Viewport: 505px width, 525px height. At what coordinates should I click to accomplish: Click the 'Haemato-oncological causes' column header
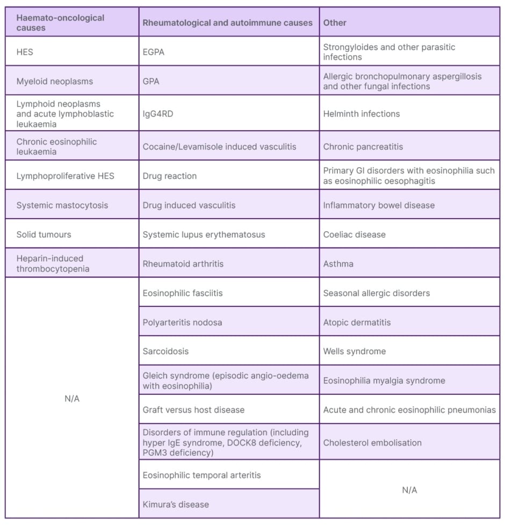[x=60, y=23]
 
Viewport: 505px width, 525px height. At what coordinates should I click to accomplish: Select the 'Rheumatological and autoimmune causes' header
[x=227, y=23]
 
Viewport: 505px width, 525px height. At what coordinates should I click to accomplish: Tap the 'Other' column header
[x=335, y=23]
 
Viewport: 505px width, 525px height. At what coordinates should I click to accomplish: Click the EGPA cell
[x=154, y=52]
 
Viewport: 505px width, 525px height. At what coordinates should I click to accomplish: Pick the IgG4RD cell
[x=158, y=114]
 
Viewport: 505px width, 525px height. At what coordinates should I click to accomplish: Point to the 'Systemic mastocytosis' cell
[x=62, y=205]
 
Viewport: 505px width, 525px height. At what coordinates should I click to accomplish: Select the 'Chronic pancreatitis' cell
[x=363, y=147]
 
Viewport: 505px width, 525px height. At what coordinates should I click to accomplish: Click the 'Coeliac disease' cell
[x=355, y=234]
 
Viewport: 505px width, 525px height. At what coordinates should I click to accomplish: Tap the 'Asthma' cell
[x=338, y=264]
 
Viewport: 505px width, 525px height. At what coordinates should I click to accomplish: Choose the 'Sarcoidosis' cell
[x=165, y=351]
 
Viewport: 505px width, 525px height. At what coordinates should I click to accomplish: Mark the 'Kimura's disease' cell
[x=176, y=505]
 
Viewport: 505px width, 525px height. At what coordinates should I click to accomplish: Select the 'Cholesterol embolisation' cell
[x=372, y=443]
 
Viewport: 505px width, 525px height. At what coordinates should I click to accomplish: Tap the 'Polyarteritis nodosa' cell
[x=182, y=322]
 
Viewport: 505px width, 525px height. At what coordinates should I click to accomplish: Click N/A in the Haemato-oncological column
[x=72, y=399]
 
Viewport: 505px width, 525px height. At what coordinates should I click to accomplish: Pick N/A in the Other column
[x=409, y=490]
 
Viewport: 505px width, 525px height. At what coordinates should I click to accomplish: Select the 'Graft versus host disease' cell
[x=193, y=410]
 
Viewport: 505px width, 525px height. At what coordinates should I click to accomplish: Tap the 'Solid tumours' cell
[x=44, y=234]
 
